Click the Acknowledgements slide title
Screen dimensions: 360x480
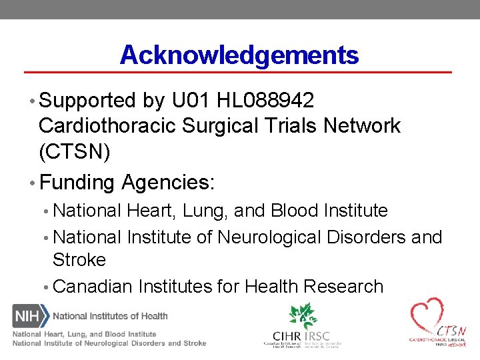tap(239, 55)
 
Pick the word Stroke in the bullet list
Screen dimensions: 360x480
tap(79, 259)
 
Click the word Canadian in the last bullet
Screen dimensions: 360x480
tap(93, 287)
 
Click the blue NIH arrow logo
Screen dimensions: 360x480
tap(30, 315)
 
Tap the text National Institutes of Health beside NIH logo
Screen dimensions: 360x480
tap(111, 316)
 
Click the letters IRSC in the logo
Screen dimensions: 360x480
tap(317, 335)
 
